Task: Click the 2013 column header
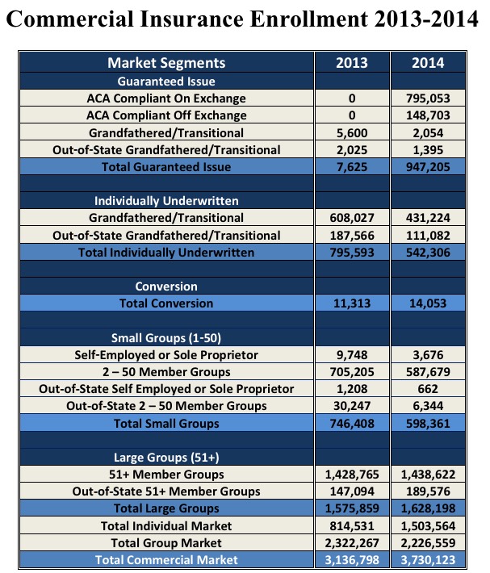[352, 63]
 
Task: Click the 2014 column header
[429, 63]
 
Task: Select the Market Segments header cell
[166, 63]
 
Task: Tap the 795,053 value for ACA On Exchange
[429, 98]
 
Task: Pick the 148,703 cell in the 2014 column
[429, 115]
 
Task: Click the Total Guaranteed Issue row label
[166, 167]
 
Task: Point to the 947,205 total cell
[429, 167]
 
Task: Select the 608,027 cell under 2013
[352, 218]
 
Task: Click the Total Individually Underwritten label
[166, 253]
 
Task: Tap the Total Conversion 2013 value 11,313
[352, 303]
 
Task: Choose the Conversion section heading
[166, 286]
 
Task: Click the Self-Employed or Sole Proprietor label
[166, 355]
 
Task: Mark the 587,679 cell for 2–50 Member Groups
[429, 372]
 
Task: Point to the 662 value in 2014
[429, 389]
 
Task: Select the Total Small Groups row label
[166, 423]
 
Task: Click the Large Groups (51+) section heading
[166, 457]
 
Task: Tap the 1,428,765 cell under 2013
[352, 475]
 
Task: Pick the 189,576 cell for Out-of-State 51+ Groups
[429, 491]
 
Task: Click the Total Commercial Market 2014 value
[429, 559]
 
